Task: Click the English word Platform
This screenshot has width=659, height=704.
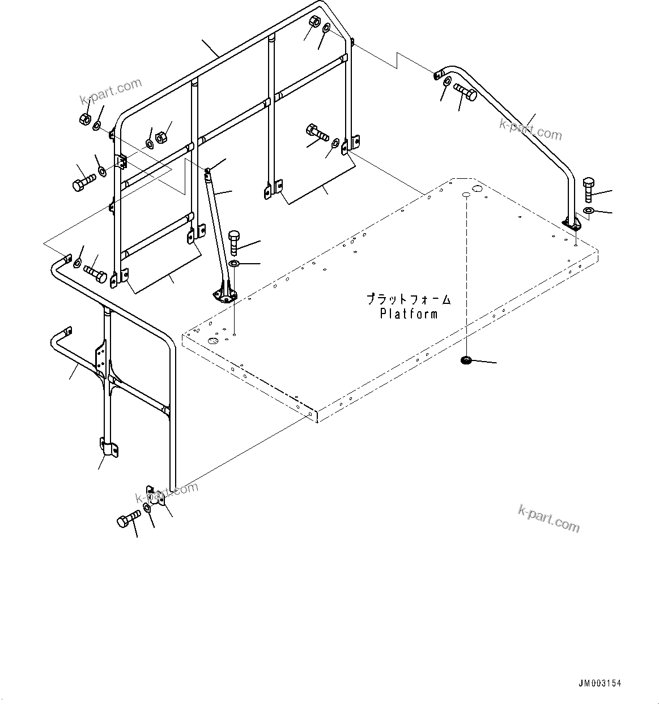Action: coord(409,314)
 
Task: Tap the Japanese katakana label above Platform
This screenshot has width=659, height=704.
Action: coord(409,298)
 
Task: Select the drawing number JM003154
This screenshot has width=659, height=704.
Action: coord(600,683)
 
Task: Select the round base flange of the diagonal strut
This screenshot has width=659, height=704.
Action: coord(225,295)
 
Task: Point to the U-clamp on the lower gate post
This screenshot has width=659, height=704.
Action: coord(110,447)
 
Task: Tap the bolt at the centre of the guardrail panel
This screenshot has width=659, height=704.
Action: coord(316,133)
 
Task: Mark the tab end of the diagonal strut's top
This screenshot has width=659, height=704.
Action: coord(208,171)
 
